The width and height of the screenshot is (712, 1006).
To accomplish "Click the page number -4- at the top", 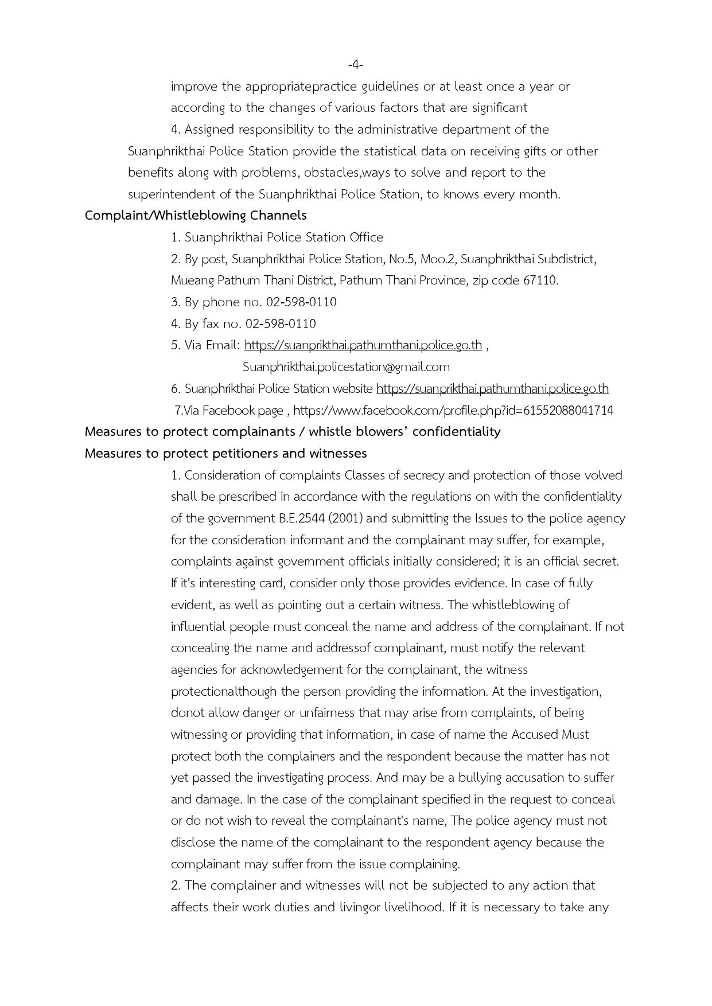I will point(356,65).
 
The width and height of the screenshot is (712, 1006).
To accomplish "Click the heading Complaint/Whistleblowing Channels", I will point(196,216).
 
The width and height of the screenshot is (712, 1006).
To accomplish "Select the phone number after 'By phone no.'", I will point(301,302).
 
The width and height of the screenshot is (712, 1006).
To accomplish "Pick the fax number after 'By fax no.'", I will point(281,324).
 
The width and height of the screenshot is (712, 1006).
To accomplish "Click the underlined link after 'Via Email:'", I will point(363,345).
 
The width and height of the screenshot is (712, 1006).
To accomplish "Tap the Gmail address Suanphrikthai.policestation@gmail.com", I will point(346,367).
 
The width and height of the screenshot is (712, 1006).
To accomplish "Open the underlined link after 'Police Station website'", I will point(492,389).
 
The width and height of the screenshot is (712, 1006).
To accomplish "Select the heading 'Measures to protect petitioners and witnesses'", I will point(225,454).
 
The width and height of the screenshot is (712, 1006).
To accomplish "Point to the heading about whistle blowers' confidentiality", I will point(293,432).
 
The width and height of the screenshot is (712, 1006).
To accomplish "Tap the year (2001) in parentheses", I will point(345,518).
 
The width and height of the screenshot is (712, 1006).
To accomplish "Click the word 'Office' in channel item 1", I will point(366,237).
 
